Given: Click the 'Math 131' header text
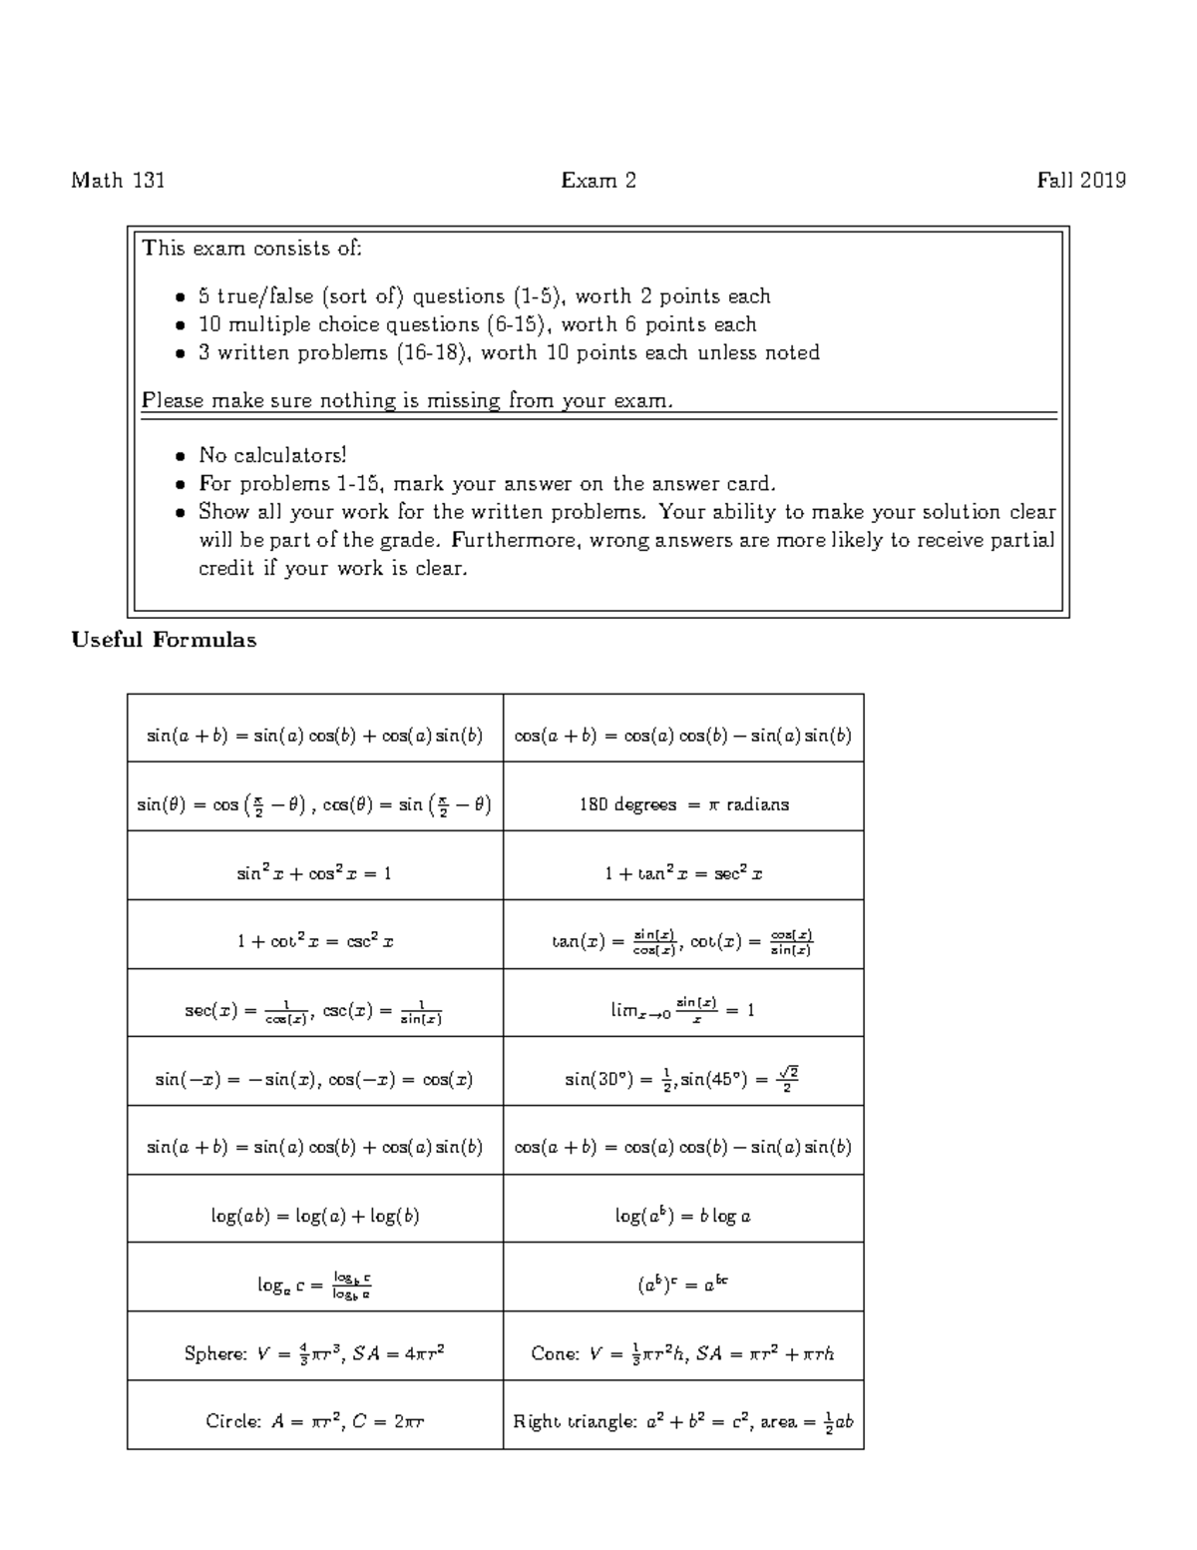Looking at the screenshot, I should point(118,181).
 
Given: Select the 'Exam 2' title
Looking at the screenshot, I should point(598,181).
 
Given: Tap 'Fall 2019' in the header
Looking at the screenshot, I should point(1081,181).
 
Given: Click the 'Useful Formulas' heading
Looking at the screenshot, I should point(164,641).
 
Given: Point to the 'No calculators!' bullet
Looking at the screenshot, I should point(272,456).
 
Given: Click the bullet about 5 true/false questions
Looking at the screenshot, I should point(484,296).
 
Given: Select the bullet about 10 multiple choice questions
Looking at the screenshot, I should point(477,324).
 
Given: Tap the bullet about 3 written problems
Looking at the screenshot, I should point(509,352).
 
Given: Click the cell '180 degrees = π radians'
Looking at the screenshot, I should point(683,804).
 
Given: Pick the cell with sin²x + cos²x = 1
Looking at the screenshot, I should point(314,873).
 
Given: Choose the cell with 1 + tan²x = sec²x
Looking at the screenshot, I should point(683,873).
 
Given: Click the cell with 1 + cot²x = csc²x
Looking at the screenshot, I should point(314,941).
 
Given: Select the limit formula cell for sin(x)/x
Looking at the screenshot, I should point(683,1009).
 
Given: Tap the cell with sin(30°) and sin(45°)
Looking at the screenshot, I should point(683,1079).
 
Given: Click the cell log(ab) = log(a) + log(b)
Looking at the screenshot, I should point(314,1216).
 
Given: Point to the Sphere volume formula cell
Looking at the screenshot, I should point(314,1353).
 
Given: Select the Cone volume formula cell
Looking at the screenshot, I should point(683,1353).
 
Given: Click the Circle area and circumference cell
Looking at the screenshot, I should point(314,1421).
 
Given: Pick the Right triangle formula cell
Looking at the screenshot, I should point(683,1421).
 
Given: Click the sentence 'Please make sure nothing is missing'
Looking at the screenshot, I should point(407,401).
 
